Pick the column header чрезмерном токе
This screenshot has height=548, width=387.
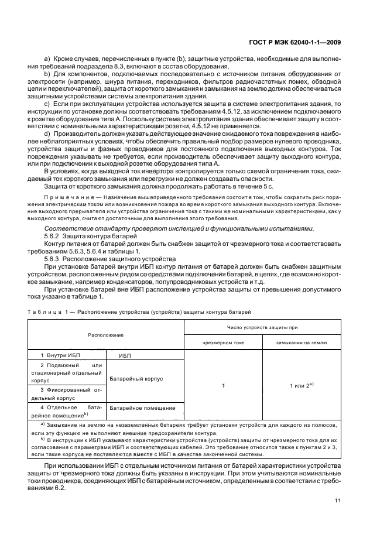click(x=223, y=342)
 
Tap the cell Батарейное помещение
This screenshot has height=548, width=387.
click(x=142, y=407)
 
